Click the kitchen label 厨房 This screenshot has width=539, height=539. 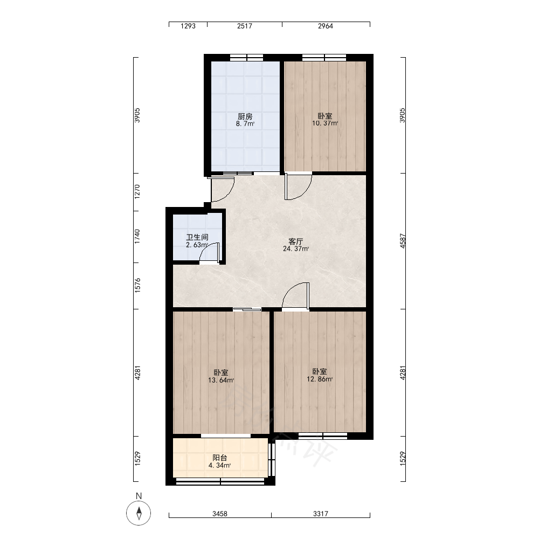[x=245, y=116]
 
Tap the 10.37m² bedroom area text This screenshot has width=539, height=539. [x=325, y=123]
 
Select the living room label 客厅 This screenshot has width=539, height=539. [x=295, y=241]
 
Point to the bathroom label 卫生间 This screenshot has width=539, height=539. [x=197, y=237]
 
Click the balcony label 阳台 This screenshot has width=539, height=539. [x=220, y=458]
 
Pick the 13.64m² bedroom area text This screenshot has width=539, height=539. [x=221, y=380]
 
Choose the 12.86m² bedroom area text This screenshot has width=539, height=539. [x=320, y=379]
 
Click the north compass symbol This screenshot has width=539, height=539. [x=139, y=513]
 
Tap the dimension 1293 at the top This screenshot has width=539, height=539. [x=188, y=26]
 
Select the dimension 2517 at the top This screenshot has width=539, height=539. [x=245, y=26]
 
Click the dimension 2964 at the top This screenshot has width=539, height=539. [x=326, y=26]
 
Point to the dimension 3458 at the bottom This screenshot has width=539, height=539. [x=220, y=514]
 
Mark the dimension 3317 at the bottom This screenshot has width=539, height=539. [x=321, y=514]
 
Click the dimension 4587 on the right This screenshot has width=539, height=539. [x=403, y=241]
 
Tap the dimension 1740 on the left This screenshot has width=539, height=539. [x=137, y=237]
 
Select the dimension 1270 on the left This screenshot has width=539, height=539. [x=137, y=192]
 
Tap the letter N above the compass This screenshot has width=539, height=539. [x=139, y=496]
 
